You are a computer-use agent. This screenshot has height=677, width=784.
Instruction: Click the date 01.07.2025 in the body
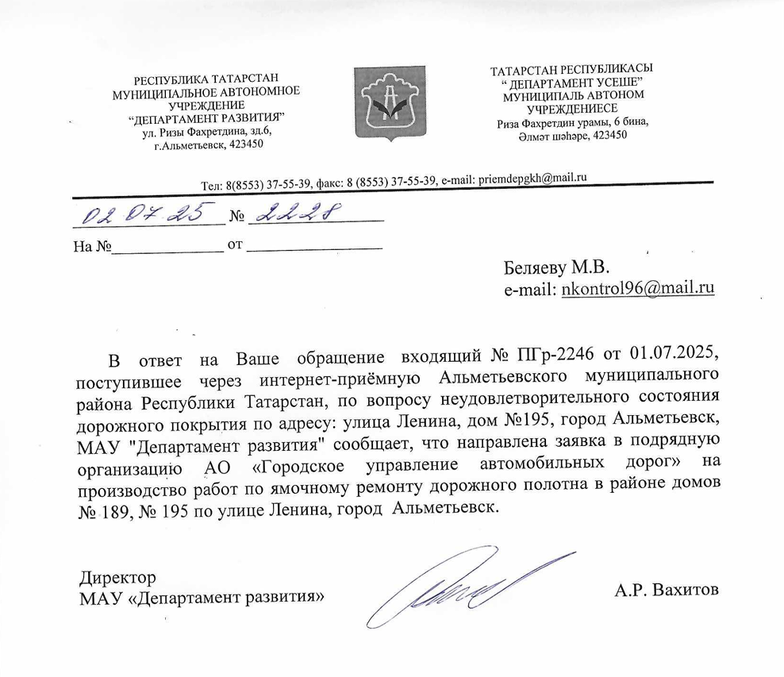point(674,352)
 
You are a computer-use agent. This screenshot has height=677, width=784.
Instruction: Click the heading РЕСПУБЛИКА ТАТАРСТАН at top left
point(206,79)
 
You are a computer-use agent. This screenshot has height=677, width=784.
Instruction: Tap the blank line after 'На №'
point(167,246)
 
